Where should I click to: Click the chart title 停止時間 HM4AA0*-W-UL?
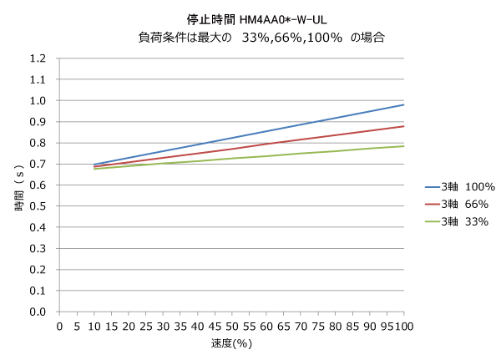click(250, 18)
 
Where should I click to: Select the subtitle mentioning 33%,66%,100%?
click(250, 38)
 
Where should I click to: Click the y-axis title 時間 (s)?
click(18, 185)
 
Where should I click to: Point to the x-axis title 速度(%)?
click(231, 342)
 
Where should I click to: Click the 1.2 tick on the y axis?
click(37, 58)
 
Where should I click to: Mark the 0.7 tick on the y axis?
click(37, 164)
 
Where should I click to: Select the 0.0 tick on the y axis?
click(37, 312)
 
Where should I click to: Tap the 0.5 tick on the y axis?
click(37, 206)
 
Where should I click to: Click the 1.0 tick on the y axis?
click(37, 100)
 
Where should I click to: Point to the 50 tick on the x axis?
click(231, 326)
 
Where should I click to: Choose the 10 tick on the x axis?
click(94, 326)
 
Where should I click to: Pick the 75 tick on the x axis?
click(318, 326)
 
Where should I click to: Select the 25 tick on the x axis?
click(145, 326)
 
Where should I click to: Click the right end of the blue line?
click(404, 104)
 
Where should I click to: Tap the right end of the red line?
click(404, 126)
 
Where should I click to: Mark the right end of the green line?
click(404, 146)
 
